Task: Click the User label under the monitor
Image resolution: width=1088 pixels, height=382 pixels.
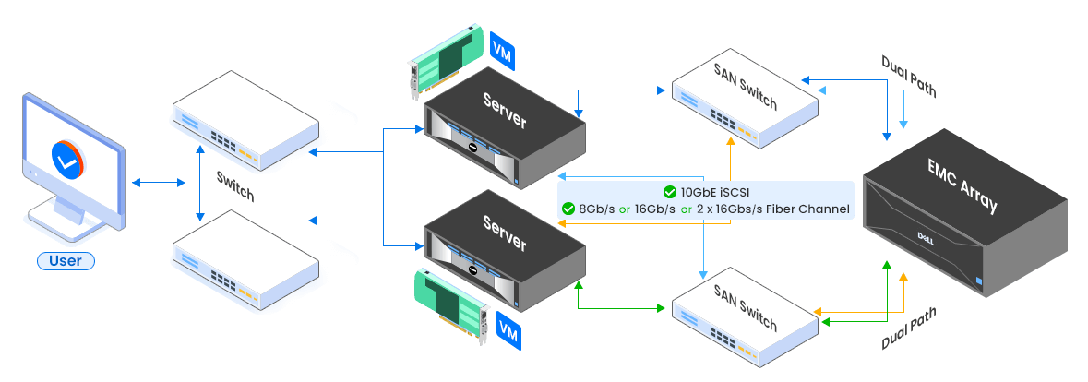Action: (66, 261)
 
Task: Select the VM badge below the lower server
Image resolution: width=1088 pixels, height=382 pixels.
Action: (506, 327)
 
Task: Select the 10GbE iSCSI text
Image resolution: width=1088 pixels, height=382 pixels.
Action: (715, 192)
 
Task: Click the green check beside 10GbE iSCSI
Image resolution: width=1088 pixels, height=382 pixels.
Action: (669, 192)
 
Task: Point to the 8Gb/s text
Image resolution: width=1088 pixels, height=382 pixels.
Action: (596, 209)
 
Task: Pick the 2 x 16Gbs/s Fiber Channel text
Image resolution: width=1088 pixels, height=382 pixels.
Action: (772, 209)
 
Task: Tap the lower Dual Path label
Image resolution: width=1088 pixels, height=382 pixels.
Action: (909, 328)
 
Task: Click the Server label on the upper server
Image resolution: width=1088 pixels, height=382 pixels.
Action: (505, 110)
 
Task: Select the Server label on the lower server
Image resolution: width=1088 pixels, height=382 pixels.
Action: (505, 232)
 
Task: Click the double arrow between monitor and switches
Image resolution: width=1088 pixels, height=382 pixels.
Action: (159, 183)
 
